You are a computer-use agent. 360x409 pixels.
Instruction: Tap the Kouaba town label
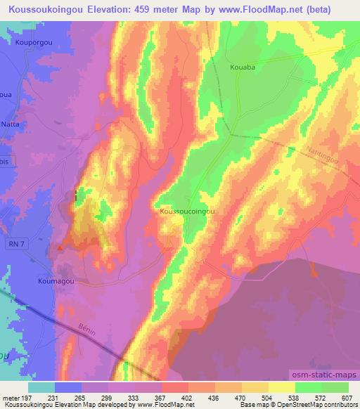(x=241, y=68)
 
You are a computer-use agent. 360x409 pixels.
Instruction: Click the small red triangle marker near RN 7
(x=63, y=247)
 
